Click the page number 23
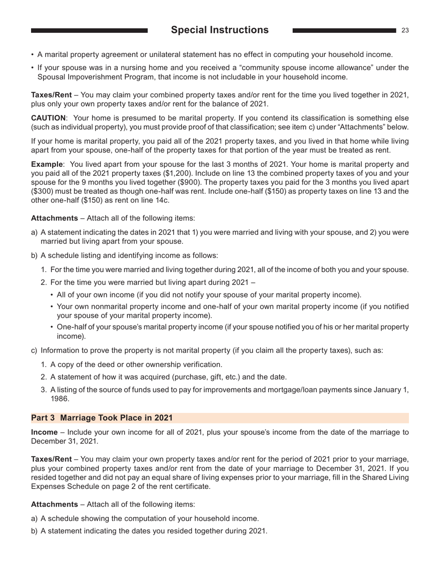tap(405, 30)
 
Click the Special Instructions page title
tap(220, 30)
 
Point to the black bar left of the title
tap(89, 30)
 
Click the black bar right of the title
tap(344, 30)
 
